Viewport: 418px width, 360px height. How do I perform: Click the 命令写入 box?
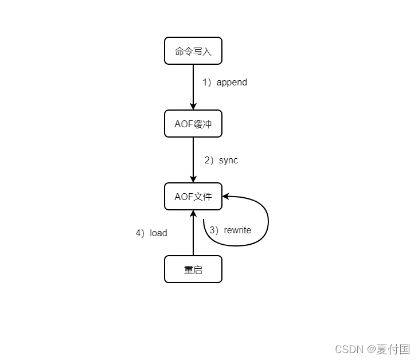(x=193, y=51)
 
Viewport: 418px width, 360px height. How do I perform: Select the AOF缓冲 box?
(x=193, y=124)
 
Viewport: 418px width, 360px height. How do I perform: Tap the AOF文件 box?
(x=193, y=197)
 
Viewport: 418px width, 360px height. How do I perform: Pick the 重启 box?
(x=193, y=269)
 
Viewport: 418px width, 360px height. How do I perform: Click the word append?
(x=232, y=82)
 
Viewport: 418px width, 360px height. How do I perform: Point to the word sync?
(x=228, y=161)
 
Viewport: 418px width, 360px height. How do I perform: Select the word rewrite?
(x=237, y=230)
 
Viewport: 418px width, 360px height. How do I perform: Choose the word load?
(x=158, y=233)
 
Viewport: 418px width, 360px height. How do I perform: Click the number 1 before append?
(x=205, y=82)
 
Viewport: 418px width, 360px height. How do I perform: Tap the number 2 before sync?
(x=208, y=161)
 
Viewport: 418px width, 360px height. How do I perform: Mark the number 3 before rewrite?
(x=212, y=230)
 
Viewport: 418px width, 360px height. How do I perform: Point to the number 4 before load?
(x=138, y=233)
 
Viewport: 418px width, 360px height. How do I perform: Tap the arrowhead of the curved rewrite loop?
(x=226, y=196)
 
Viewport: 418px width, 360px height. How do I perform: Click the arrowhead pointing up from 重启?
(x=193, y=214)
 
